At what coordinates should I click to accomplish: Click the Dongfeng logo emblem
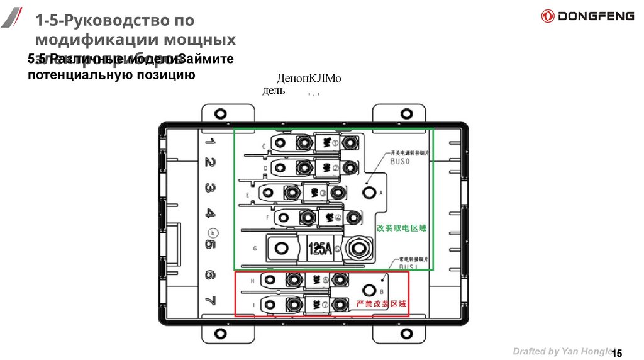(x=548, y=16)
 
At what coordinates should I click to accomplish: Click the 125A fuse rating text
(x=319, y=248)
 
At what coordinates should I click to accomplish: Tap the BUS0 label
(x=399, y=162)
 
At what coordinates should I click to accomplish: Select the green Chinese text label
(x=402, y=228)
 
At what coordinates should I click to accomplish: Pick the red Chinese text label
(x=381, y=304)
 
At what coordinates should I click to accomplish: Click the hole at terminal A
(x=369, y=192)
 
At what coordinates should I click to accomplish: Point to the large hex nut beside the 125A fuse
(x=358, y=248)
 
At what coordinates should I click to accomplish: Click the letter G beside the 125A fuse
(x=255, y=249)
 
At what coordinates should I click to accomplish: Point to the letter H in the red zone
(x=252, y=281)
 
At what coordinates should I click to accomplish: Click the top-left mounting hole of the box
(x=219, y=114)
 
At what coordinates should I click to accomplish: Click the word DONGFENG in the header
(x=597, y=16)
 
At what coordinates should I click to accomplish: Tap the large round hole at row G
(x=282, y=248)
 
